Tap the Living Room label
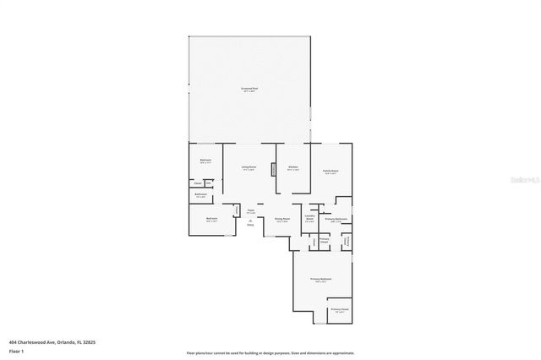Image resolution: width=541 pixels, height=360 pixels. (249, 167)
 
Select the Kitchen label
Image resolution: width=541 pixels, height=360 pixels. (292, 167)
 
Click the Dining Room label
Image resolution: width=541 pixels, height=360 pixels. (282, 220)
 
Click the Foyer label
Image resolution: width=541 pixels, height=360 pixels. (250, 211)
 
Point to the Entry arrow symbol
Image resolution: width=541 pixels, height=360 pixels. (250, 220)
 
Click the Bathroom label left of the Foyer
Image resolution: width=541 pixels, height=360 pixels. (201, 194)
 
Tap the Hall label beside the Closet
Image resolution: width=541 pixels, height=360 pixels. (207, 182)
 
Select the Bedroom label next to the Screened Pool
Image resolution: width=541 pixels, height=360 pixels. (205, 161)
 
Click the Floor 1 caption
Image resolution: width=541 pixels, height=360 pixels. (16, 352)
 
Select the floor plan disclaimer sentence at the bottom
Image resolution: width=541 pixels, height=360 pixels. (270, 352)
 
